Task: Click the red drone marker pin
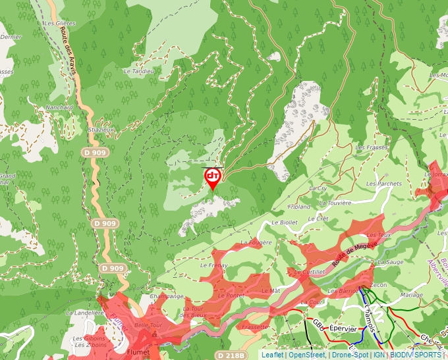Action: pos(213,178)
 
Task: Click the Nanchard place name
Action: pos(59,107)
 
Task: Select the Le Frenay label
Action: pos(213,265)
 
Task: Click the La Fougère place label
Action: pos(256,243)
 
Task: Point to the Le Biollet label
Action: pos(284,222)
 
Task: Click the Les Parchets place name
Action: pos(384,183)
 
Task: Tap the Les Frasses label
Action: pos(372,147)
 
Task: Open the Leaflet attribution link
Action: pos(272,355)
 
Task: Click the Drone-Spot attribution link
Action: pos(349,355)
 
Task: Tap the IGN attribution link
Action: pos(379,355)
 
